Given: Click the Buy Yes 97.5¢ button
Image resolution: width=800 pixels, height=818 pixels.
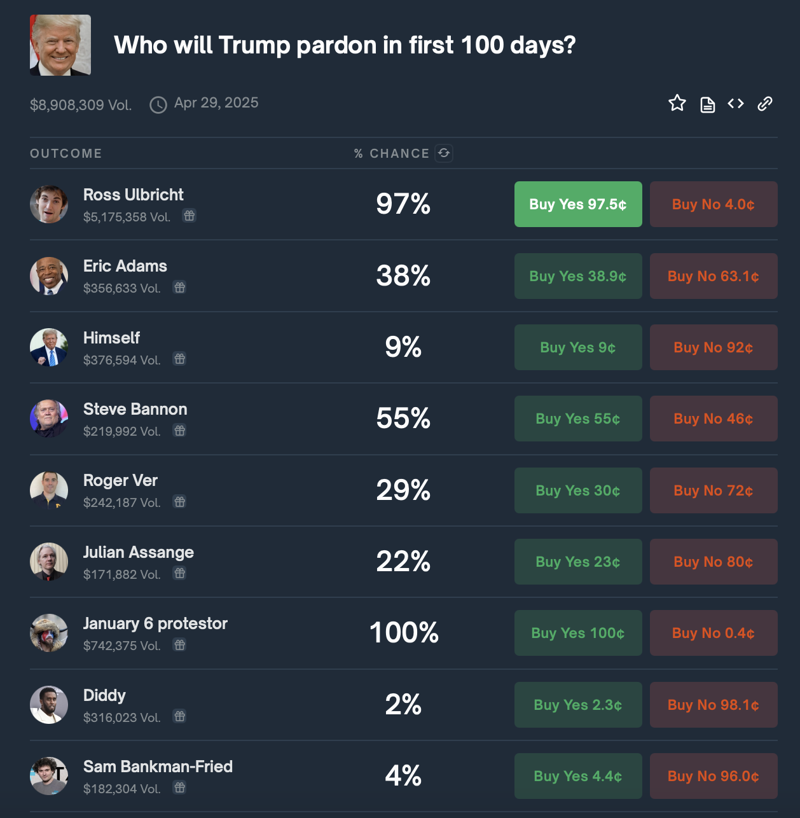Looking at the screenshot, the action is coord(578,204).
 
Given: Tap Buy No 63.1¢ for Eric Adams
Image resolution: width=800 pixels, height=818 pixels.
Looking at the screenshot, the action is coord(714,276).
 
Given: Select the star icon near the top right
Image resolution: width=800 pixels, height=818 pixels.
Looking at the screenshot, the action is coord(677,103).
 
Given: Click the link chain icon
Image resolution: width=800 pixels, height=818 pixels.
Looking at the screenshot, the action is coord(764,104).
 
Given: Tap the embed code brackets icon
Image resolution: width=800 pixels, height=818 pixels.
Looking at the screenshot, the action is coord(736,104).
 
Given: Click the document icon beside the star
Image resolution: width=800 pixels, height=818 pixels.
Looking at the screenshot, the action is coord(708,105).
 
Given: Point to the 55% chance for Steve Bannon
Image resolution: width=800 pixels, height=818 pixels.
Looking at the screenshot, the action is coord(403,419).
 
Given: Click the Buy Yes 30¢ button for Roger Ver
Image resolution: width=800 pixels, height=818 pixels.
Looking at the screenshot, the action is coord(578,490).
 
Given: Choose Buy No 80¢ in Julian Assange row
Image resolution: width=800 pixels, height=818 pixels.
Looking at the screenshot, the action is coord(714,562).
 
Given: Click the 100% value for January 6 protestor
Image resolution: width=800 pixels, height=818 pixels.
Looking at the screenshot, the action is coord(404,633).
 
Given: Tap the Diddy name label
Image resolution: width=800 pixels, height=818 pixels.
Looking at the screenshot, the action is coord(104,695).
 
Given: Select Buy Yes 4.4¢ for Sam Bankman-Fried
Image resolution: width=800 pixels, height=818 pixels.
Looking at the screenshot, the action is coord(578,776).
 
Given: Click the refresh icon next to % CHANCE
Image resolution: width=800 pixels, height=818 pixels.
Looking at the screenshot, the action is coord(444,153).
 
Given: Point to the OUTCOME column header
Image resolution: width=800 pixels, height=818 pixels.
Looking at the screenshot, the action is coord(66,153).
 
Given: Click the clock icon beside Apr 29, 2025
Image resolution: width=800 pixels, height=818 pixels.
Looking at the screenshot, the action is coord(158,105).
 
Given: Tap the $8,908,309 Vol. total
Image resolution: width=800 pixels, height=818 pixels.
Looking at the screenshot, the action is coord(81,105).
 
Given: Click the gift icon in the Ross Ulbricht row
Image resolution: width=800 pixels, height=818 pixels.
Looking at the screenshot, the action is coord(189,216).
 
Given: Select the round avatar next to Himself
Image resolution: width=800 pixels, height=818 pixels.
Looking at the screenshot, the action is coord(49,347).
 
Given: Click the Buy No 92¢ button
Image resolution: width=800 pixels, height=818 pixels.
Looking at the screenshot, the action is coord(714,347).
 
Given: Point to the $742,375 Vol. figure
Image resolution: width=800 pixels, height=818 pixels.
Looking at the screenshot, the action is coord(122,646).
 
